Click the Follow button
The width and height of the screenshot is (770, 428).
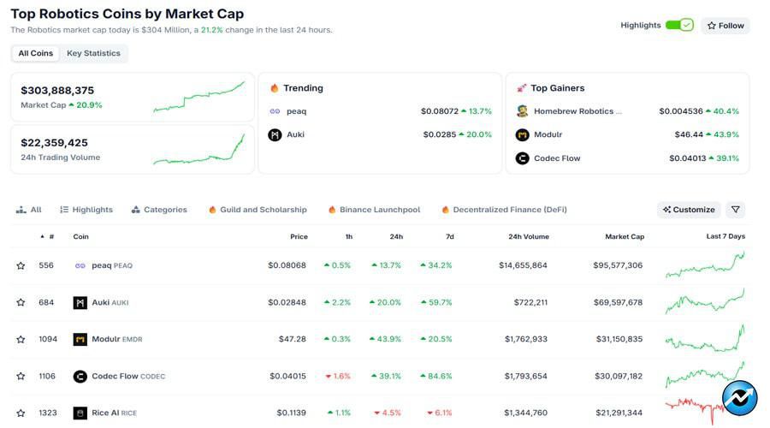click(x=725, y=26)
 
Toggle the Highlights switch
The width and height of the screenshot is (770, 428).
click(x=679, y=26)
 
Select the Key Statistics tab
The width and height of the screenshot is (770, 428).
click(x=93, y=53)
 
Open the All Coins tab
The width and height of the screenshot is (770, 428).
click(x=36, y=53)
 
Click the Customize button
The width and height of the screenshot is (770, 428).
click(x=688, y=210)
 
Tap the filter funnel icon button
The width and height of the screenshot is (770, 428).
click(x=735, y=210)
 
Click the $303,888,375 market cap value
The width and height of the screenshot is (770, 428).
click(x=57, y=90)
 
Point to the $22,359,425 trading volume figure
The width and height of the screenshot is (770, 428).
click(x=54, y=142)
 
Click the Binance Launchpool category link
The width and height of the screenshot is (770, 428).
click(x=379, y=210)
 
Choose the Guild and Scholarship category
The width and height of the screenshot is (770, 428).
click(x=263, y=210)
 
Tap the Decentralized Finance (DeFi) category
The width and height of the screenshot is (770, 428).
click(x=509, y=210)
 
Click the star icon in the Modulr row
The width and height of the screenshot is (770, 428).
click(x=21, y=339)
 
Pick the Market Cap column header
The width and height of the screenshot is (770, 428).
click(x=625, y=236)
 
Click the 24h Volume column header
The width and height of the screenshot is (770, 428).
click(x=527, y=236)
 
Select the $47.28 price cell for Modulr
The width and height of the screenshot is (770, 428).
click(x=292, y=339)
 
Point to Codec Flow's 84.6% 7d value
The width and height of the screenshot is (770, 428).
click(x=440, y=376)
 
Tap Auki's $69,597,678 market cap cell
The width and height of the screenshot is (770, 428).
click(x=618, y=302)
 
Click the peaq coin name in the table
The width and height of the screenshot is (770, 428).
click(x=103, y=265)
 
